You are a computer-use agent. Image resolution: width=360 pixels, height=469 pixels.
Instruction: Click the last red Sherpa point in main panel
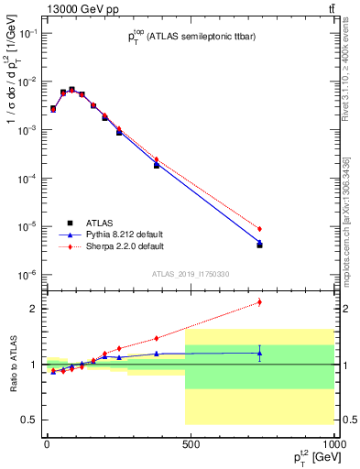[260, 229]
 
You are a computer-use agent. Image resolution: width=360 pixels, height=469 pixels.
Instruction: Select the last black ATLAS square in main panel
[260, 245]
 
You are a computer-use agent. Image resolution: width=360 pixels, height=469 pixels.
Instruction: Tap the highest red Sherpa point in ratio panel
[260, 301]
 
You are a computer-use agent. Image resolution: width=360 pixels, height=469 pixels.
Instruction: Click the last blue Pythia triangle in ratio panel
[260, 353]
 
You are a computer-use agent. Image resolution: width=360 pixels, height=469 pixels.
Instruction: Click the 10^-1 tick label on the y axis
[27, 34]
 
